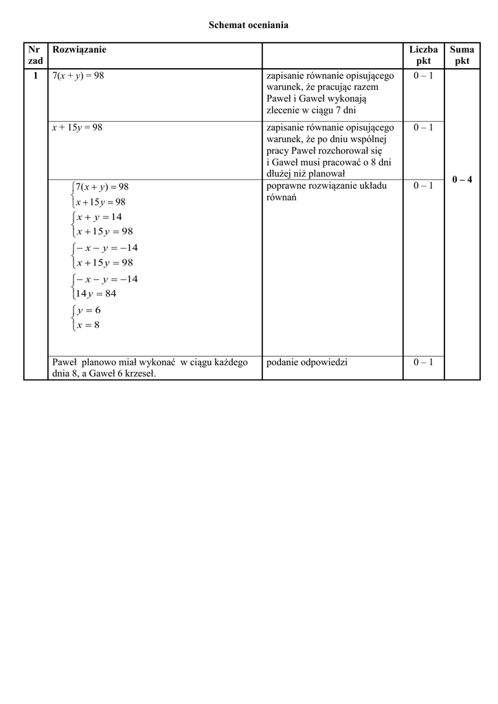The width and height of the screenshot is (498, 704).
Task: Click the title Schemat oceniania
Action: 249,25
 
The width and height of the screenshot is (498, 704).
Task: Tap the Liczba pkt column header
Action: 423,55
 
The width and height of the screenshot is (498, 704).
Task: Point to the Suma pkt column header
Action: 462,55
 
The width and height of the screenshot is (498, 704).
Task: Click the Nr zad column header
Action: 34,55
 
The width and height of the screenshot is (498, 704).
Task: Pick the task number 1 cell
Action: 34,76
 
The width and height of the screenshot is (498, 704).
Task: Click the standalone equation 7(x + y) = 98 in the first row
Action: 78,76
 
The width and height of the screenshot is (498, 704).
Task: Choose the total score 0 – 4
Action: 462,179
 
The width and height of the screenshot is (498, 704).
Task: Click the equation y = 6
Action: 89,310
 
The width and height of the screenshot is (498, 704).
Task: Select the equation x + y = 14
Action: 100,217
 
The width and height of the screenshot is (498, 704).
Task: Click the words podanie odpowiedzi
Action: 306,362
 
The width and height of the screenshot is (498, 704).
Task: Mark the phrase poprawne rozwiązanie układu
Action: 326,186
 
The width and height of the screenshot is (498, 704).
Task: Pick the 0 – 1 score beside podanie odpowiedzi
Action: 423,362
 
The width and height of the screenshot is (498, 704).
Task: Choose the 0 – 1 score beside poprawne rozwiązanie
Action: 423,186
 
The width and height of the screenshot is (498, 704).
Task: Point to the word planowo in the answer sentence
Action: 103,362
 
